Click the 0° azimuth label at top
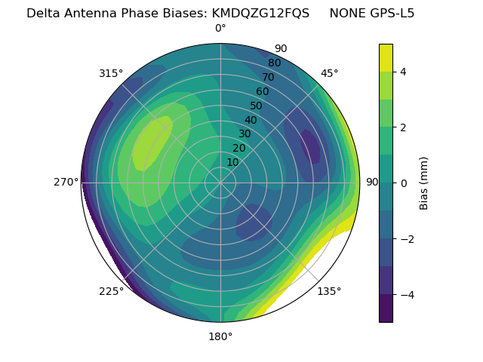pyautogui.click(x=220, y=29)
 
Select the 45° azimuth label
pyautogui.click(x=329, y=73)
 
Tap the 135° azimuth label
pyautogui.click(x=329, y=291)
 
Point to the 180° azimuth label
pyautogui.click(x=220, y=336)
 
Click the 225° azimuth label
pyautogui.click(x=111, y=291)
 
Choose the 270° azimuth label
pyautogui.click(x=66, y=183)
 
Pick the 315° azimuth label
pyautogui.click(x=111, y=73)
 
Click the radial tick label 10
pyautogui.click(x=232, y=162)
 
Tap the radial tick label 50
pyautogui.click(x=257, y=106)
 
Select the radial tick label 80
pyautogui.click(x=274, y=63)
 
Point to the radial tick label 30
pyautogui.click(x=245, y=134)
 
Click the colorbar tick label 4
pyautogui.click(x=404, y=72)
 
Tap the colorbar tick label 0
pyautogui.click(x=404, y=183)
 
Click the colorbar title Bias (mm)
pyautogui.click(x=424, y=183)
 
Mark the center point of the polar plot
pyautogui.click(x=220, y=183)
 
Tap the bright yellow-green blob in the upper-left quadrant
pyautogui.click(x=151, y=143)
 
